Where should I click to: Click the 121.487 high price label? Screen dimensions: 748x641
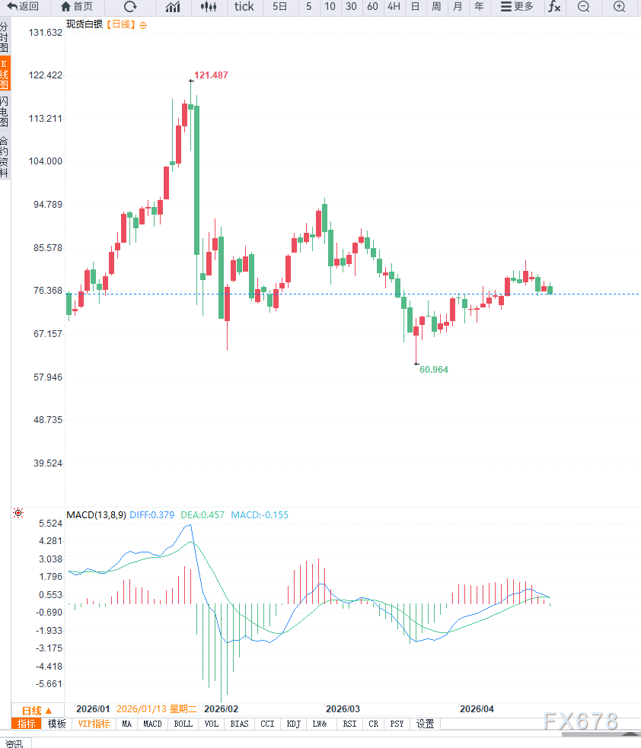tap(211, 75)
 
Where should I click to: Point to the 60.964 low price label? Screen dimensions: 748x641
tap(434, 369)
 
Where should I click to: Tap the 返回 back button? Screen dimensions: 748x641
tap(24, 7)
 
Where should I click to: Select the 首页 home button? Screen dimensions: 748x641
tap(77, 7)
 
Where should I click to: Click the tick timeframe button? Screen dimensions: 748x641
tap(244, 7)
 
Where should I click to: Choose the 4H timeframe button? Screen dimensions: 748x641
tap(393, 7)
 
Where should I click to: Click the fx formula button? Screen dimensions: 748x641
tap(554, 7)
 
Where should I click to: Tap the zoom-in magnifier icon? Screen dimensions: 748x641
tap(620, 7)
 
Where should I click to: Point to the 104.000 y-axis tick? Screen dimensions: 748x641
tap(44, 161)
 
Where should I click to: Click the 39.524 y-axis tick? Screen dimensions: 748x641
tap(44, 463)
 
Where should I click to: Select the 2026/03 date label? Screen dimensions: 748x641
tap(342, 708)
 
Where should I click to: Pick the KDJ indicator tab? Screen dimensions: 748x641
tap(294, 724)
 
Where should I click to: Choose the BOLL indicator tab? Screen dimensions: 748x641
tap(183, 724)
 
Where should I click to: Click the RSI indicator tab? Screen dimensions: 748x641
tap(349, 724)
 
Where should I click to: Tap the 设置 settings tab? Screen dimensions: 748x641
tap(425, 724)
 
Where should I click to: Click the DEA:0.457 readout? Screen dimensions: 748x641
tap(206, 515)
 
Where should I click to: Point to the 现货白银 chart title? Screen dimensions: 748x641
tap(85, 24)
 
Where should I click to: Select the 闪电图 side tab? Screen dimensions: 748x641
tap(5, 112)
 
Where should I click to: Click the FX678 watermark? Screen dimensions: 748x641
tap(581, 721)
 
